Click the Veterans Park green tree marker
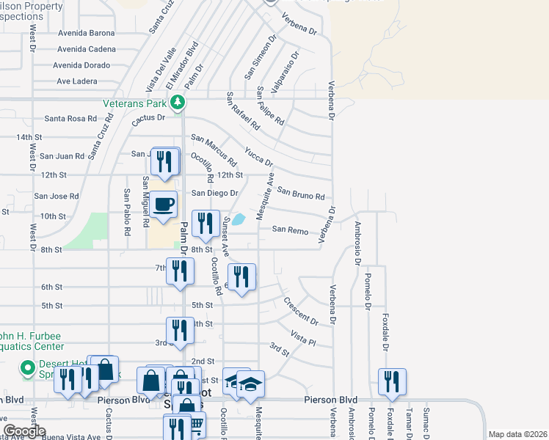coord(177,101)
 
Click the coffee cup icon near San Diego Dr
coord(164,205)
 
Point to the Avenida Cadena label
coord(87,49)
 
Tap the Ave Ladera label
coord(77,81)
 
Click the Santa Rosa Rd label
coord(70,118)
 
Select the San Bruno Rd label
coord(301,194)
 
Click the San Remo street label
coord(290,230)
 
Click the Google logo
coord(24,431)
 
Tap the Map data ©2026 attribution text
coord(517,434)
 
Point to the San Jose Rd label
coord(57,197)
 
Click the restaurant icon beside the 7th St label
coord(180,271)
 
